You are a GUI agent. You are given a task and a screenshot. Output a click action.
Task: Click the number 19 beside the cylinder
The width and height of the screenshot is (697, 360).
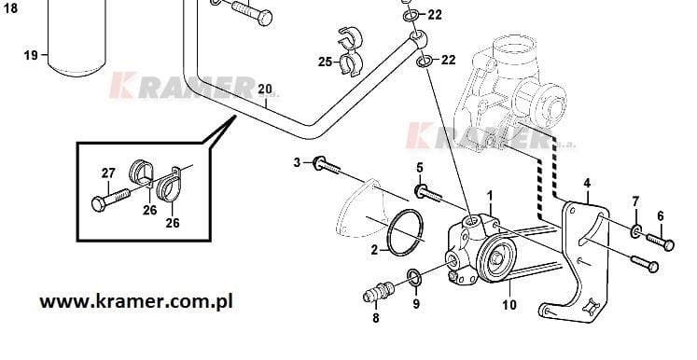[x=31, y=56]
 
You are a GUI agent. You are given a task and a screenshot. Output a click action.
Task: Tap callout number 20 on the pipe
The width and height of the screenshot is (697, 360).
[x=264, y=90]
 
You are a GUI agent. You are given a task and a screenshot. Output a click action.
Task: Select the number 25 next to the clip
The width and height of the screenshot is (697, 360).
[x=325, y=62]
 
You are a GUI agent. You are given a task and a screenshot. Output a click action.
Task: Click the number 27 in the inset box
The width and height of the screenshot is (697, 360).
[x=108, y=173]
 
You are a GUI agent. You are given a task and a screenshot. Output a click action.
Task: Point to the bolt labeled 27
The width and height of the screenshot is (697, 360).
[x=110, y=199]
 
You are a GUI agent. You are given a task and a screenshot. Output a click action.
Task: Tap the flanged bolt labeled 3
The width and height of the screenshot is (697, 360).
[x=327, y=165]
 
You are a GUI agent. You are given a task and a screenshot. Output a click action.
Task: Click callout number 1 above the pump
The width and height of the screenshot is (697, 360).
[x=490, y=196]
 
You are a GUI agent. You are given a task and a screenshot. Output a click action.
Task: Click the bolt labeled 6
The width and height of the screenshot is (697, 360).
[x=660, y=242]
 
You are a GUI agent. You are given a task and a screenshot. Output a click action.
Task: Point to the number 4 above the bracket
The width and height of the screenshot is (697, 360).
[x=587, y=183]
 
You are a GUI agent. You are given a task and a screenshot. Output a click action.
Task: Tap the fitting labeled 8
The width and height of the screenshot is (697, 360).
[x=378, y=292]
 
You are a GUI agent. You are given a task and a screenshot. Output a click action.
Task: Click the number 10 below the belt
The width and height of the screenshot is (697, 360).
[x=509, y=304]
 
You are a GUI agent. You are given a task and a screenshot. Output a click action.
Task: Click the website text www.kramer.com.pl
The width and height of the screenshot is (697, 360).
[x=136, y=301]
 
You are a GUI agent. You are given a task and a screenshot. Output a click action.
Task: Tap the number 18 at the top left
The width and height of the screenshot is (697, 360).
[x=9, y=8]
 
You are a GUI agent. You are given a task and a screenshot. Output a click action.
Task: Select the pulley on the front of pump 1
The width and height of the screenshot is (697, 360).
[x=496, y=259]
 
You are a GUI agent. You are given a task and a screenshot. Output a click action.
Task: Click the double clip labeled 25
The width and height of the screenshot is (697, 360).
[x=350, y=52]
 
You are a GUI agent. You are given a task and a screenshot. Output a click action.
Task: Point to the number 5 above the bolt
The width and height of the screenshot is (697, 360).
[x=420, y=168]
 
